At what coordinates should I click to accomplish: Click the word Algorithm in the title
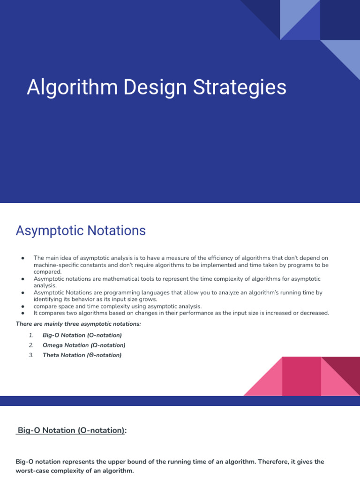pyautogui.click(x=72, y=88)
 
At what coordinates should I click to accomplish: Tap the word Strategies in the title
pyautogui.click(x=240, y=88)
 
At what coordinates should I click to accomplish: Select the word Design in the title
pyautogui.click(x=155, y=88)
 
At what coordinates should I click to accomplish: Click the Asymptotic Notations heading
pyautogui.click(x=81, y=231)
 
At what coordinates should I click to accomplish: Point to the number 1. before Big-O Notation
pyautogui.click(x=31, y=335)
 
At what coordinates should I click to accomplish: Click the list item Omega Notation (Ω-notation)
pyautogui.click(x=84, y=345)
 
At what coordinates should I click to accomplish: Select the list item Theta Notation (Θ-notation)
pyautogui.click(x=82, y=355)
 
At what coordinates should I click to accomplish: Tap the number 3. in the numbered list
pyautogui.click(x=31, y=355)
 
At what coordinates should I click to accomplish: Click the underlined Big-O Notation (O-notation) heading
pyautogui.click(x=71, y=430)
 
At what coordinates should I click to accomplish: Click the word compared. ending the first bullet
pyautogui.click(x=47, y=272)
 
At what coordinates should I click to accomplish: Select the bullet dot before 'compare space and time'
pyautogui.click(x=22, y=306)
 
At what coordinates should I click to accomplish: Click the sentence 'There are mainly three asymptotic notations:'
pyautogui.click(x=78, y=324)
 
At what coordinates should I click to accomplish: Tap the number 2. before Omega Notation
pyautogui.click(x=31, y=345)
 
